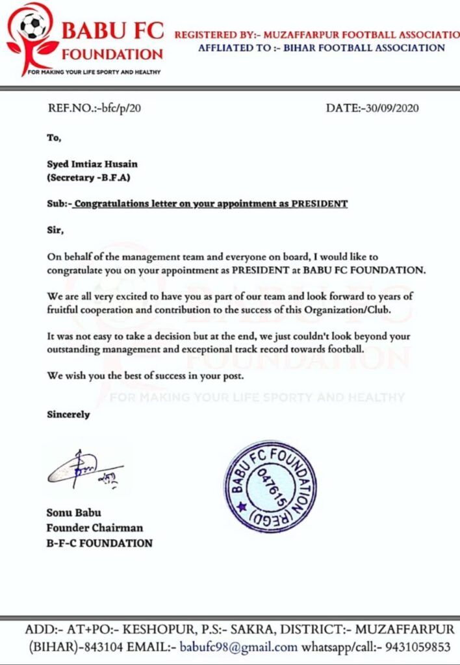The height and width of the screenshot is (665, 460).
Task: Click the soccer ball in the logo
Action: [32, 27]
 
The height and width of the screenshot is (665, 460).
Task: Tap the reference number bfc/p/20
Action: [119, 108]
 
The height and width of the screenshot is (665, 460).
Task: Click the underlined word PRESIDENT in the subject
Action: [318, 204]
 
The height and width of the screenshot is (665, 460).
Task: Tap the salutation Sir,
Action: [56, 229]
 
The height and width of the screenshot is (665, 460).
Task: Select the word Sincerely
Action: [68, 414]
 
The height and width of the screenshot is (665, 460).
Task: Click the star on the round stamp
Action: [242, 506]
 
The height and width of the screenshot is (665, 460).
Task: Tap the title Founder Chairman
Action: [94, 527]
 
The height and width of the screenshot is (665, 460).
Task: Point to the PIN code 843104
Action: [83, 647]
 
